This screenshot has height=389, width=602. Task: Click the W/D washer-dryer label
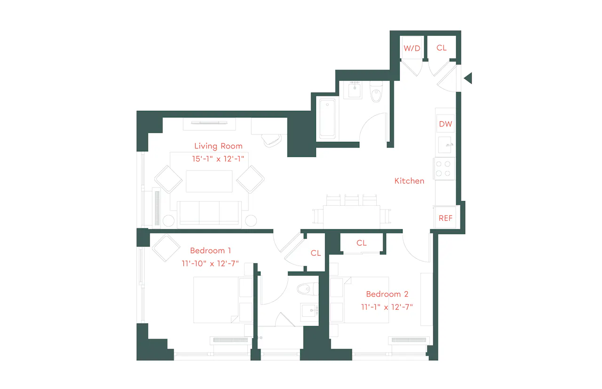412,48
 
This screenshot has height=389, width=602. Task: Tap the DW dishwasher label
445,124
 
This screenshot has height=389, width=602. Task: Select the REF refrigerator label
445,218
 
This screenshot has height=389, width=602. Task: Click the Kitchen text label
409,181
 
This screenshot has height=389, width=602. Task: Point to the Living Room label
218,146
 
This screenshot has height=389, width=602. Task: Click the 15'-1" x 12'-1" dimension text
218,159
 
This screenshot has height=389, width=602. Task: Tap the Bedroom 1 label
210,251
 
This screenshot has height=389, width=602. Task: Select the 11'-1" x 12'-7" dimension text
387,307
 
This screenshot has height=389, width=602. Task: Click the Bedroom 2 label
387,294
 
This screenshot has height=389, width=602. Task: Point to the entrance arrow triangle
468,78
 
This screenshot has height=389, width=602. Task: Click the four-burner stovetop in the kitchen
444,169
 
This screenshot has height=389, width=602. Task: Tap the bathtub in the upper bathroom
327,118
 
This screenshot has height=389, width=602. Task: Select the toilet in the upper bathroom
376,92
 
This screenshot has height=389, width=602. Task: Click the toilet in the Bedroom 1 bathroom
308,289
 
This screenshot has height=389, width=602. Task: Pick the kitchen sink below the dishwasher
445,145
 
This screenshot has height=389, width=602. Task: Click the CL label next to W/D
441,48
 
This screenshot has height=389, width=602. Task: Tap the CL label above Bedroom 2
361,243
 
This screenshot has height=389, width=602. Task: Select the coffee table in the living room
209,181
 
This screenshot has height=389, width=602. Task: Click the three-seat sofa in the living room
209,213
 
